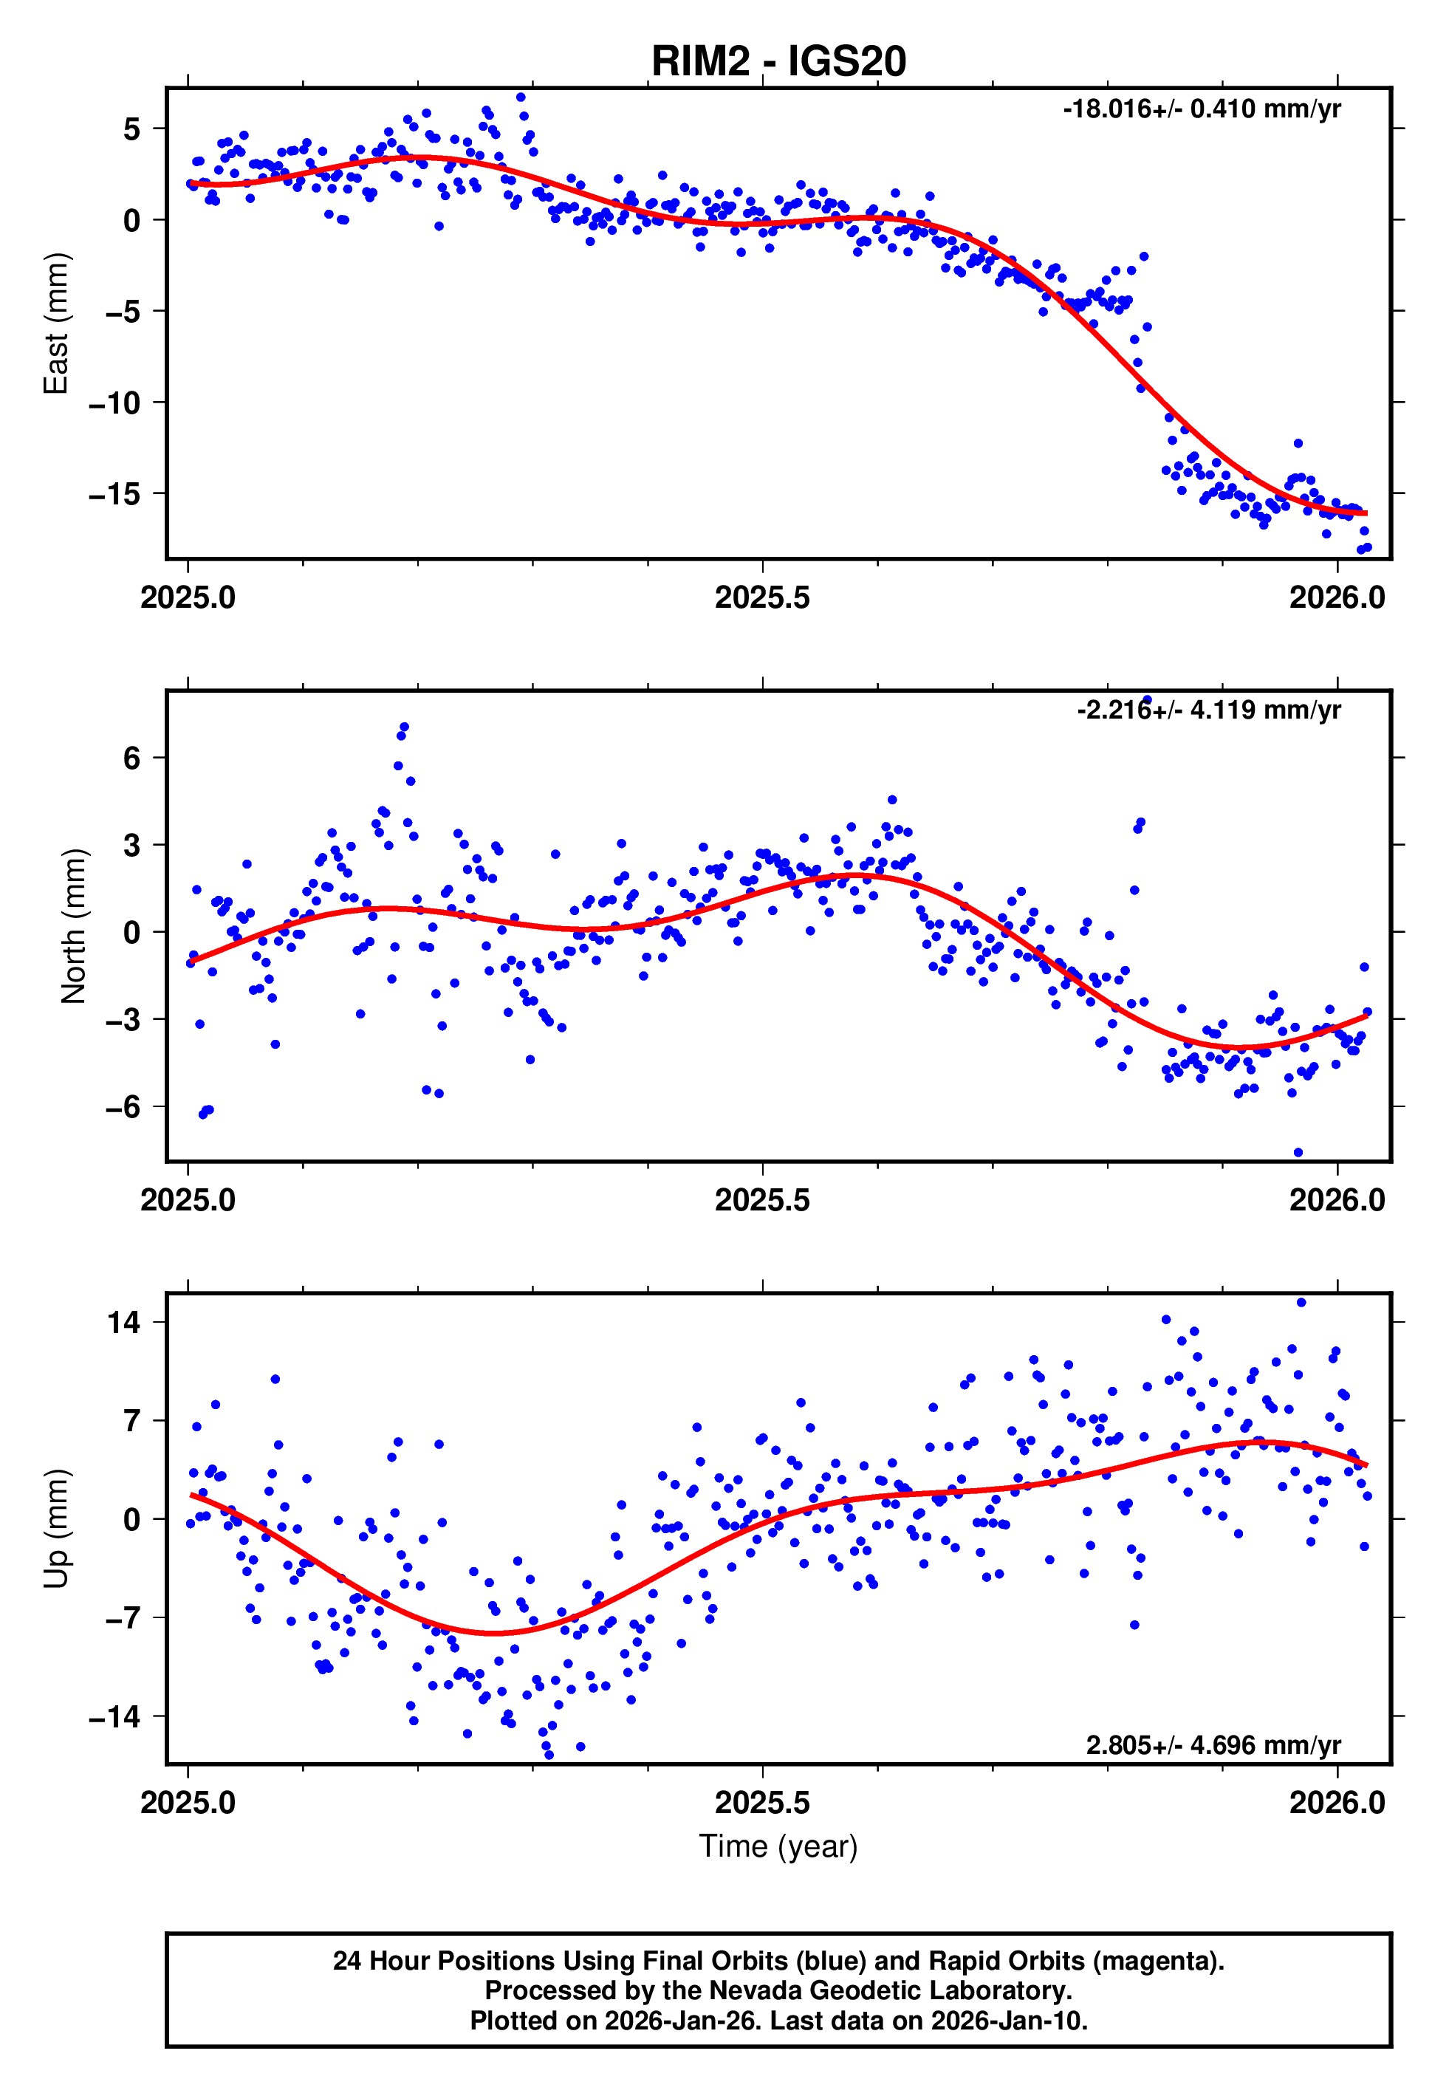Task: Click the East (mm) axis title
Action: click(x=56, y=323)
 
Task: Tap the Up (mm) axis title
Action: click(x=56, y=1529)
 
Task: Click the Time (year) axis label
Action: click(x=778, y=1846)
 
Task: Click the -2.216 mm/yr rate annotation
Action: click(x=1208, y=710)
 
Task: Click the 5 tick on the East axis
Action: click(x=132, y=129)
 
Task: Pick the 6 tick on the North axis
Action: click(x=132, y=758)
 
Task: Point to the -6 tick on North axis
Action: click(x=123, y=1106)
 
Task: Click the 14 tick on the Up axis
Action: click(x=124, y=1323)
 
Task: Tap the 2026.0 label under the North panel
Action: click(x=1337, y=1200)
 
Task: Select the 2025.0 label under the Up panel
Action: click(x=188, y=1803)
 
